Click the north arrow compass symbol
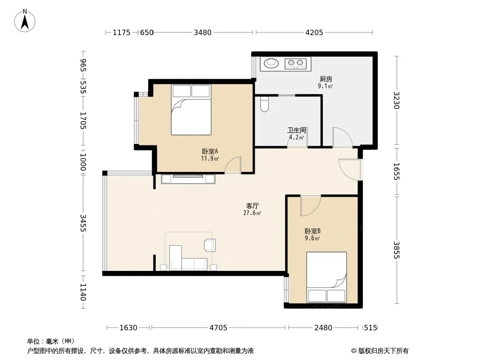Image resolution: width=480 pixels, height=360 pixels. coord(25,21)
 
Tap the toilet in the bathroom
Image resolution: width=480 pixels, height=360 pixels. coord(264,104)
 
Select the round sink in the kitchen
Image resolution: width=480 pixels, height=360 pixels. coord(271,63)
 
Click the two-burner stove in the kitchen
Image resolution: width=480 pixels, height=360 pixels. coord(295,63)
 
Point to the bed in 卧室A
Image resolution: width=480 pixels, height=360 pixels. coord(191,109)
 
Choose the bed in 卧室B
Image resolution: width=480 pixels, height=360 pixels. coord(326,277)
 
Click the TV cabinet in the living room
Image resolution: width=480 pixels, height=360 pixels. coord(188,179)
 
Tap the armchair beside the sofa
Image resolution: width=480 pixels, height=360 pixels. coord(210,245)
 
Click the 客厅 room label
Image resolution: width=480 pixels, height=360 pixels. coord(252,206)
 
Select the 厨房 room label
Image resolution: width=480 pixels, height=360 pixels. coord(326,79)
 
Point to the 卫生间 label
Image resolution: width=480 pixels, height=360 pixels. coord(297,130)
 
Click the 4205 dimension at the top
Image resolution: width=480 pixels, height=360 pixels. coord(314,32)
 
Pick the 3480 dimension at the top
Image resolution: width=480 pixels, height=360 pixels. coord(203,32)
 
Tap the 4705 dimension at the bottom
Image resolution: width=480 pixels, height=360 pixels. coord(218,328)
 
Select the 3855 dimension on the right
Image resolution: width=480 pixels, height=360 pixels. coord(397,250)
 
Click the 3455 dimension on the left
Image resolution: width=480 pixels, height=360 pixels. coord(83,223)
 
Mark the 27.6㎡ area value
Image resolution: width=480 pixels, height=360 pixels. coord(252,213)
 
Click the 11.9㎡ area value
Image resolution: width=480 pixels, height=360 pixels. coord(210,158)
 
